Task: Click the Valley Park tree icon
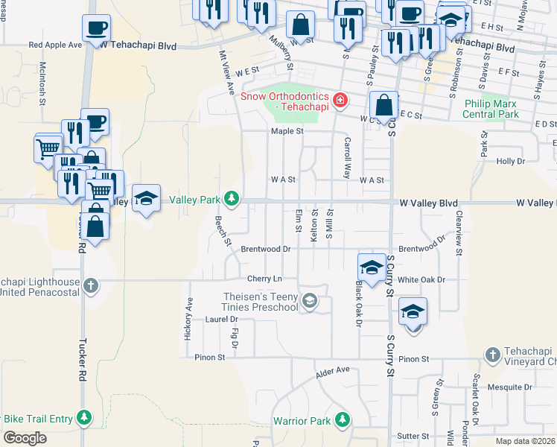pyautogui.click(x=233, y=198)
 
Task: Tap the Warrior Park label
pyautogui.click(x=301, y=422)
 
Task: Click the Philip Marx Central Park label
pyautogui.click(x=490, y=110)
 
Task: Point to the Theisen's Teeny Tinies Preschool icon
pyautogui.click(x=309, y=301)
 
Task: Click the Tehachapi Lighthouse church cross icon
pyautogui.click(x=91, y=285)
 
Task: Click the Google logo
pyautogui.click(x=25, y=437)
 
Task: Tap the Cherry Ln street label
pyautogui.click(x=266, y=279)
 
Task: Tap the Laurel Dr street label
pyautogui.click(x=220, y=320)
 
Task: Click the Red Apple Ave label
pyautogui.click(x=55, y=45)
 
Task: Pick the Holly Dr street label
pyautogui.click(x=511, y=161)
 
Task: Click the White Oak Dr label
pyautogui.click(x=421, y=280)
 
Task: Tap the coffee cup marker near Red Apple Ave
pyautogui.click(x=95, y=31)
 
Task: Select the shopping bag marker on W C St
pyautogui.click(x=383, y=106)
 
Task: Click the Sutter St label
pyautogui.click(x=413, y=436)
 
